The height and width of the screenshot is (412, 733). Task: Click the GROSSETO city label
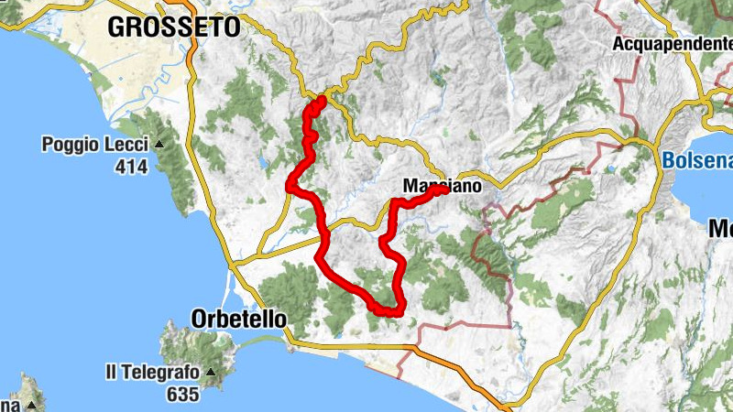pyautogui.click(x=173, y=27)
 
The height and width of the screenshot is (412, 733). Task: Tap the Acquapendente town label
pyautogui.click(x=672, y=43)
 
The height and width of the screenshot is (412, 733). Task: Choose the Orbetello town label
pyautogui.click(x=239, y=319)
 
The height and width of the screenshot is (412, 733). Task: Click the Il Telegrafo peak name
pyautogui.click(x=152, y=373)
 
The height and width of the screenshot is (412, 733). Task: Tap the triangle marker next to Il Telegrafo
pyautogui.click(x=209, y=374)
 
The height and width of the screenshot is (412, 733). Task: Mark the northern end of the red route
pyautogui.click(x=322, y=99)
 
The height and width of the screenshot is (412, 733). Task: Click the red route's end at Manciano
pyautogui.click(x=442, y=190)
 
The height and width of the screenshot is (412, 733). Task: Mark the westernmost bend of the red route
pyautogui.click(x=290, y=186)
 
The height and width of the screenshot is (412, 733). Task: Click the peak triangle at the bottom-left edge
pyautogui.click(x=32, y=405)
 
